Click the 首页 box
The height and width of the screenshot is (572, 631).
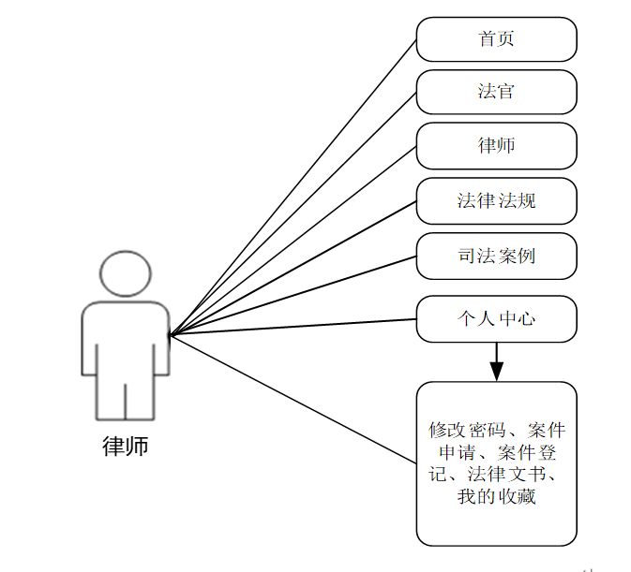[496, 39]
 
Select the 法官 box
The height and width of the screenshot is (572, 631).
[496, 92]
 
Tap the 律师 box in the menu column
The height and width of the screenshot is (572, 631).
[496, 146]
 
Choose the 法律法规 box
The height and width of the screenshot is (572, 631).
[496, 200]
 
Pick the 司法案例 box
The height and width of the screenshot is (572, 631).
[496, 256]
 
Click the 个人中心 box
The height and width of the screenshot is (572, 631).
[496, 319]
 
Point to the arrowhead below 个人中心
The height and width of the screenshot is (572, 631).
[496, 370]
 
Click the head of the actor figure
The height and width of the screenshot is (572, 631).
[125, 273]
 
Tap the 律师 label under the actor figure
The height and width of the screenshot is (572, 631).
[125, 446]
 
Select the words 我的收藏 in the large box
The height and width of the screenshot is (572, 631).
[496, 497]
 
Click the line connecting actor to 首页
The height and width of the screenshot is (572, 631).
[293, 186]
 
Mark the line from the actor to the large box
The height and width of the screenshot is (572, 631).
[293, 398]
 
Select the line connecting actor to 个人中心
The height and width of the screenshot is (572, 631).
[293, 326]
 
